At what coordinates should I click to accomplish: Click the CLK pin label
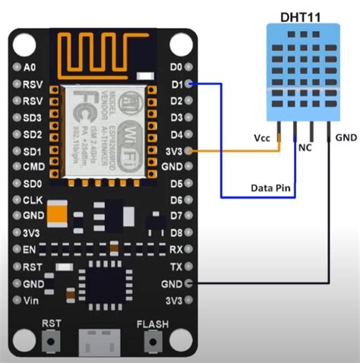[x=32, y=200]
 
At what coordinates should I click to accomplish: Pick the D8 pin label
[x=176, y=232]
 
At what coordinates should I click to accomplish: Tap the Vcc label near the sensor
[x=262, y=137]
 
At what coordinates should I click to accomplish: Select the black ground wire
[x=329, y=228]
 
